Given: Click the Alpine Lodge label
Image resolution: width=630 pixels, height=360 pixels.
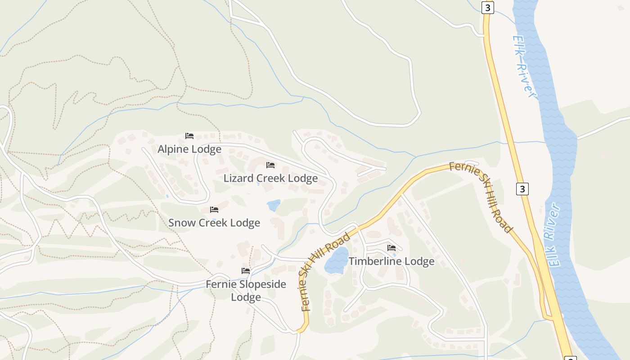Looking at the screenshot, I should coord(189,149).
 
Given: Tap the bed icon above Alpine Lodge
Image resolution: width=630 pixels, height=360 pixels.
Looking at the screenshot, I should coord(189,135).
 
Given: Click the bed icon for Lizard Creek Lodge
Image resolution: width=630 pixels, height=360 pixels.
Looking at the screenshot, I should coord(270,165).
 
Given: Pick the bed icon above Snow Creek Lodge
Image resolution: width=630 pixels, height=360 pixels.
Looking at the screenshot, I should coord(214,210).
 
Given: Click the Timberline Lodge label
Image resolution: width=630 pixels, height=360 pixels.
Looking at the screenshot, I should coord(391,261).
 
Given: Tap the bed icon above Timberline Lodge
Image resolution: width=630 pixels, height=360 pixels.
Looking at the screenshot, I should coord(391,248).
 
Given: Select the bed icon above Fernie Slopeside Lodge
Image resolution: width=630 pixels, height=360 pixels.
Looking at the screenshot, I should coord(246,271).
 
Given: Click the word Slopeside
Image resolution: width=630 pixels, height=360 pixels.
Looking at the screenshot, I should coord(263,284).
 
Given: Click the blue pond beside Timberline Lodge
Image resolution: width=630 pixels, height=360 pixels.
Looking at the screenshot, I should coord(337,261).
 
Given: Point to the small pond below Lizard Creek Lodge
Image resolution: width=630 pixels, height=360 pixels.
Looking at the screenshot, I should coord(273,205).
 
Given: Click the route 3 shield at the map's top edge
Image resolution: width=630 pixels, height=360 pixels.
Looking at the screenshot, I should coord(487,8).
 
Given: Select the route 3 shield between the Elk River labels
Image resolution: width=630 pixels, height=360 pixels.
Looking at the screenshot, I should coord(522,189).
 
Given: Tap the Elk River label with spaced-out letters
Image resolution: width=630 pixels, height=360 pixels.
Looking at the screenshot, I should coord(525,67).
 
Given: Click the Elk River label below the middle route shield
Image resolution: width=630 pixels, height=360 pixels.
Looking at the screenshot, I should coord(555,235).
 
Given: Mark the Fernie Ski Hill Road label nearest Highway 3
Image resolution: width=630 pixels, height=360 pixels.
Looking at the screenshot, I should coord(482,196).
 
